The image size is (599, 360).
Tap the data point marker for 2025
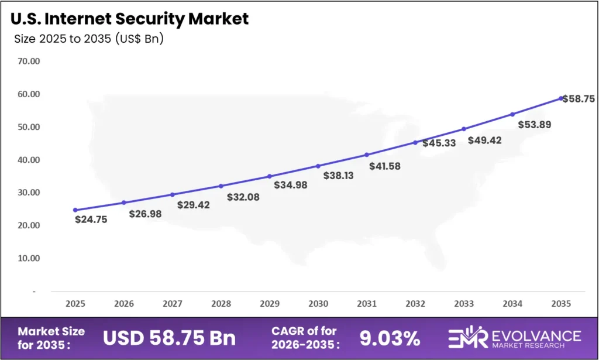tap(75, 210)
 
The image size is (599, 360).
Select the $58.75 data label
tap(579, 99)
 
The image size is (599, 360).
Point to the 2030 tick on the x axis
tap(318, 304)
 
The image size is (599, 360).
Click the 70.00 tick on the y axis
tap(27, 61)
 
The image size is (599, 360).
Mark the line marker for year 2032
tap(415, 142)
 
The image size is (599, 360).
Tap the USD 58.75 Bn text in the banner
tap(169, 338)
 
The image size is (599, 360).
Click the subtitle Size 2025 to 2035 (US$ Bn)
tap(88, 39)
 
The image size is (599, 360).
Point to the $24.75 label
tap(91, 220)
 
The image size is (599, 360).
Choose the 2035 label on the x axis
tap(561, 304)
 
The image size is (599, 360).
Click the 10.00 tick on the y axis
tap(27, 258)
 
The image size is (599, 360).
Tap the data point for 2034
tap(512, 114)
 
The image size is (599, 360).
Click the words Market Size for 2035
tap(51, 338)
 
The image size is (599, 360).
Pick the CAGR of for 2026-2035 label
tap(304, 338)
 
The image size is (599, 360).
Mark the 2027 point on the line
tap(172, 194)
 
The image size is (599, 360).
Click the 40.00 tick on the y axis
tap(27, 160)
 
